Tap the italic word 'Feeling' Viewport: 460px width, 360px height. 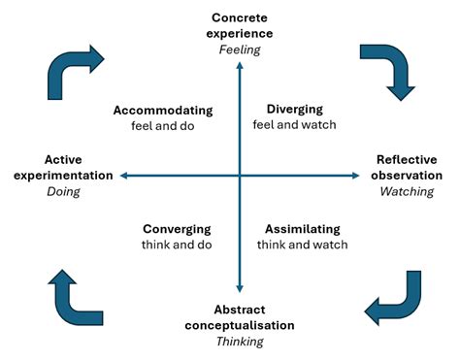tap(239, 49)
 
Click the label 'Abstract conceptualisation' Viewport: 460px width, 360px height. tap(239, 317)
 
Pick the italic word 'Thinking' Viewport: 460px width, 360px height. tap(239, 341)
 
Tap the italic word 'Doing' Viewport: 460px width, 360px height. tap(62, 191)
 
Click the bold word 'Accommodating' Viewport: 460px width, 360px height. tap(162, 110)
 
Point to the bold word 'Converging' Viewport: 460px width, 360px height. tap(177, 229)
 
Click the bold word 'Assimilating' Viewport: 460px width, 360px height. tap(303, 229)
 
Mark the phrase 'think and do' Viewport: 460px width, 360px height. tap(176, 245)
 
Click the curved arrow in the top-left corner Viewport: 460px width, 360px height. tap(73, 70)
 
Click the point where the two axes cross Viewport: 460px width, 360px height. tap(239, 176)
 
